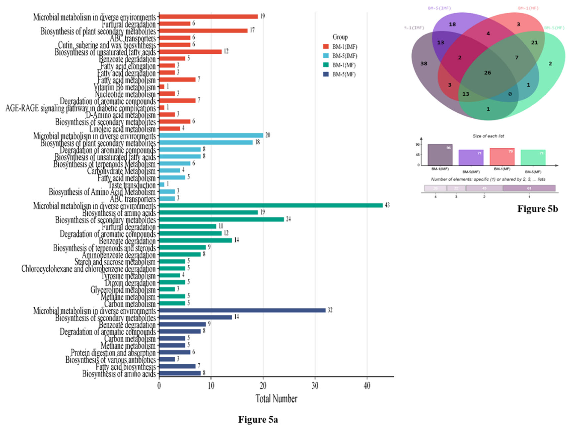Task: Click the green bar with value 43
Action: click(271, 205)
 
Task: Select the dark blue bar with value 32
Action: click(242, 310)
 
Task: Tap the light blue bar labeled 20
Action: click(211, 135)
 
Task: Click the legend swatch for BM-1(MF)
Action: click(326, 65)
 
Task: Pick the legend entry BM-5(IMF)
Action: click(345, 56)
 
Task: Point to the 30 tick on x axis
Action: click(315, 386)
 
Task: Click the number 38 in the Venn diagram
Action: click(424, 64)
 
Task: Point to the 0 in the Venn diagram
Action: click(510, 94)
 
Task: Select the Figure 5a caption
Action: click(258, 419)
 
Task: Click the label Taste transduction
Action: click(132, 185)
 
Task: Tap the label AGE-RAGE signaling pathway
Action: click(80, 108)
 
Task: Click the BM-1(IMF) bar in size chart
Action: click(440, 155)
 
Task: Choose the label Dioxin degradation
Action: click(130, 283)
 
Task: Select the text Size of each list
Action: click(488, 136)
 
